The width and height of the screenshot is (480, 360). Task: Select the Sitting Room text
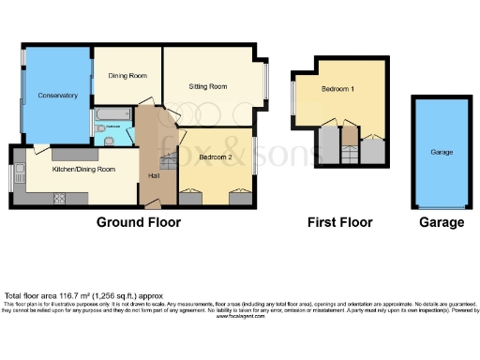pos(208,86)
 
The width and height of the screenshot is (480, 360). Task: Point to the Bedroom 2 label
pos(217,157)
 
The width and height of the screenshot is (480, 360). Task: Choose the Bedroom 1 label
pos(338,89)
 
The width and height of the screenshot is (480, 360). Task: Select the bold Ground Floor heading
pos(138,223)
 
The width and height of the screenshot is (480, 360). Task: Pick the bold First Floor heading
pos(340,223)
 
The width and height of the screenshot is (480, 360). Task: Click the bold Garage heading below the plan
pos(442,223)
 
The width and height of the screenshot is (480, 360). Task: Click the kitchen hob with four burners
pos(61,198)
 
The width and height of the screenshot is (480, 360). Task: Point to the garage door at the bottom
pos(442,209)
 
